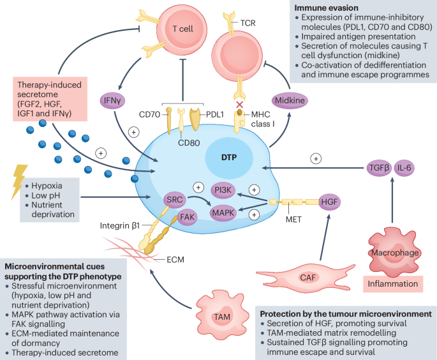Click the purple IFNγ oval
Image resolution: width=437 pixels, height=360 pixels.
click(x=112, y=101)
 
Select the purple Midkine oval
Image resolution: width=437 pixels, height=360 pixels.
click(x=290, y=100)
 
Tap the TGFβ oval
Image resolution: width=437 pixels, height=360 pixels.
click(x=379, y=168)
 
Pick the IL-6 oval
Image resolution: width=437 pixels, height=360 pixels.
click(x=404, y=168)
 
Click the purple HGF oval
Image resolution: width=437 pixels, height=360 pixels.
click(x=329, y=202)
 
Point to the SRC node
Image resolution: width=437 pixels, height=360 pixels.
click(x=174, y=200)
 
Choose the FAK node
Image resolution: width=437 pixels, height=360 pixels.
click(x=188, y=217)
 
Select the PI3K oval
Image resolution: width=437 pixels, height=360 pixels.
click(x=223, y=190)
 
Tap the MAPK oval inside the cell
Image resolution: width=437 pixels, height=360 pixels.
click(x=223, y=213)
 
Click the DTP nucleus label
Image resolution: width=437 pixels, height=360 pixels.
click(x=229, y=158)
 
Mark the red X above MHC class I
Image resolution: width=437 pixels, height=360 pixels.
click(x=240, y=105)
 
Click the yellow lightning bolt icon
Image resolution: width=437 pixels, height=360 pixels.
click(x=19, y=182)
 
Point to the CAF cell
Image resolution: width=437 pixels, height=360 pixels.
click(x=306, y=277)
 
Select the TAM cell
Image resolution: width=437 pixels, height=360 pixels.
click(x=222, y=316)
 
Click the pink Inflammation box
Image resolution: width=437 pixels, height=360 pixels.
click(x=393, y=284)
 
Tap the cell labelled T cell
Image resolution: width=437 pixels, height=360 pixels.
click(x=183, y=29)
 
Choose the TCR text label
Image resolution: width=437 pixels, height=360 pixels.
click(x=248, y=23)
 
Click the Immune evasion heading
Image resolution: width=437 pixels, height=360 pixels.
click(x=327, y=8)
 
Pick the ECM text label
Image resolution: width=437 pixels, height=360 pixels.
click(x=175, y=260)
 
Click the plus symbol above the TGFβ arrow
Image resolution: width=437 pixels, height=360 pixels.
click(x=316, y=159)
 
